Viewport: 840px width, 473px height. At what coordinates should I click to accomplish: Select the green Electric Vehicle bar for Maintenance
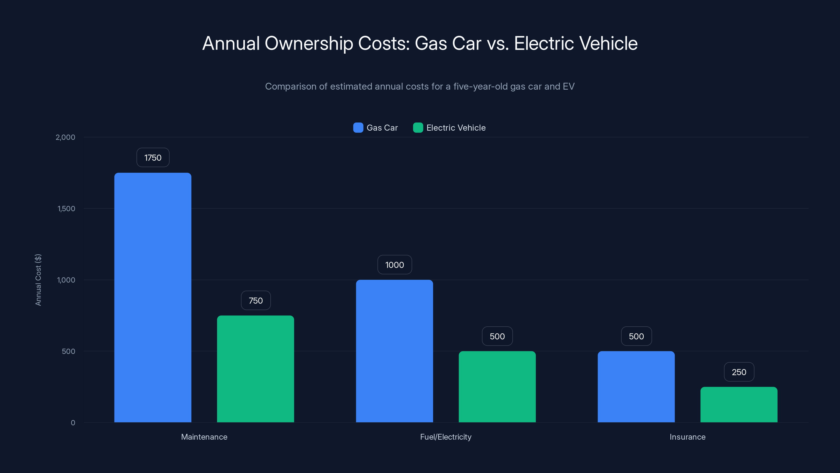tap(255, 369)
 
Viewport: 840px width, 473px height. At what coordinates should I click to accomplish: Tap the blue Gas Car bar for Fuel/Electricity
tap(394, 351)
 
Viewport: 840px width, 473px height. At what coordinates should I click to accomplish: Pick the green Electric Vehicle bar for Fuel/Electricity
tap(497, 387)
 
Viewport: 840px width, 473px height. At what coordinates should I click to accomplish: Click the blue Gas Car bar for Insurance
tap(636, 387)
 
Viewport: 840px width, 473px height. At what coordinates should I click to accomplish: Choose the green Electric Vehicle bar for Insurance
tap(739, 404)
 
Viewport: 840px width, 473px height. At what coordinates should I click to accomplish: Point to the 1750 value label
tap(153, 158)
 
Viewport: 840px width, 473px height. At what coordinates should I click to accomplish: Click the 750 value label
tap(255, 300)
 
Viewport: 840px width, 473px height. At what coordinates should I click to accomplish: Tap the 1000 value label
tap(394, 265)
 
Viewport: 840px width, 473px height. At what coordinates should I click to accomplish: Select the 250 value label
tap(739, 372)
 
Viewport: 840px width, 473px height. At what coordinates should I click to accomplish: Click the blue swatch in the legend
tap(358, 128)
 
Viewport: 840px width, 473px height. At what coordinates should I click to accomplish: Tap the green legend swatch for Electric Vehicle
tap(418, 128)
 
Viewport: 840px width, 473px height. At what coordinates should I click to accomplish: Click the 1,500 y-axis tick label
tap(66, 209)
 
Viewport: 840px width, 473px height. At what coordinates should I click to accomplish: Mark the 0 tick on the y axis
tap(73, 423)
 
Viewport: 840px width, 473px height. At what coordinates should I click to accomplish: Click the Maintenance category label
tap(204, 437)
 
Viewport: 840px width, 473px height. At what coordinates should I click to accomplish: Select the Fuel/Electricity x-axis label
tap(445, 437)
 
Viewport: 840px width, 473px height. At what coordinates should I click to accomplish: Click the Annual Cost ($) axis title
tap(38, 280)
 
